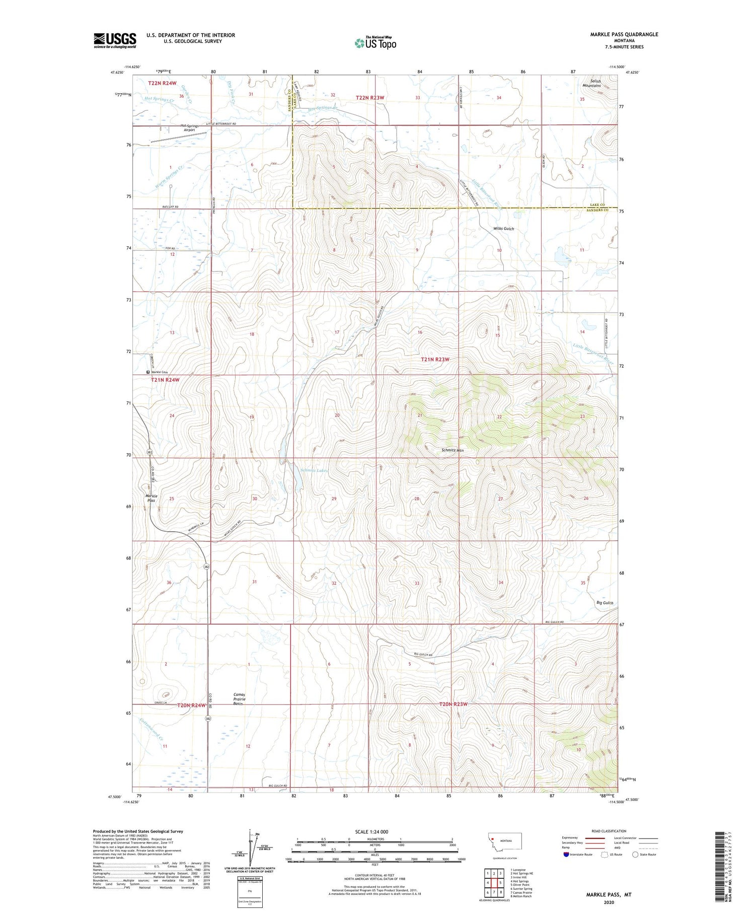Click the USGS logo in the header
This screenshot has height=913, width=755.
[x=115, y=40]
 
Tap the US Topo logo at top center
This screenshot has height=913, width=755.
[x=375, y=43]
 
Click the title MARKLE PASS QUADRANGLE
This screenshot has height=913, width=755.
[x=617, y=34]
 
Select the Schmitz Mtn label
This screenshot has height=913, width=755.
[x=452, y=450]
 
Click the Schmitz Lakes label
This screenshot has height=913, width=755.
[x=314, y=470]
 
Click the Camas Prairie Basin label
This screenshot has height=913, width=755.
[x=240, y=699]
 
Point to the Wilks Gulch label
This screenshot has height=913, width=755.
[x=503, y=229]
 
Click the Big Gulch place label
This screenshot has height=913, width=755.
[x=605, y=603]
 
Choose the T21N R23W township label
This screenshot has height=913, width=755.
[x=435, y=360]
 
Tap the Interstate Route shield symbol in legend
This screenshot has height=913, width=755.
[x=566, y=854]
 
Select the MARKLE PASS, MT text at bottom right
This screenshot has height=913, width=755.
[x=609, y=894]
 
